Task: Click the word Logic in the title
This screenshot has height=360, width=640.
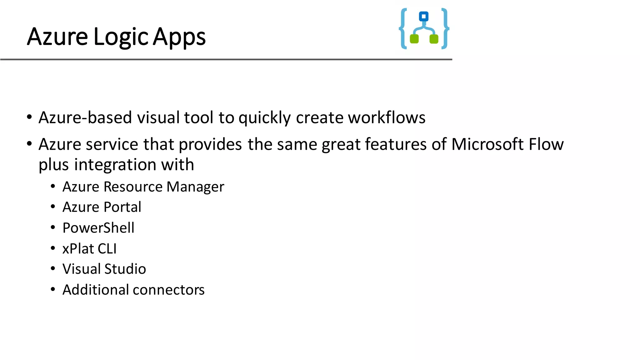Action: pos(120,37)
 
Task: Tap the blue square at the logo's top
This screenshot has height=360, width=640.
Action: pos(424,16)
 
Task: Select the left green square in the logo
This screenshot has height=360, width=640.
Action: pos(414,39)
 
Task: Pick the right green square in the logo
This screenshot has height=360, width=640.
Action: pos(434,39)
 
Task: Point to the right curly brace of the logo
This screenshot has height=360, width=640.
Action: pos(445,29)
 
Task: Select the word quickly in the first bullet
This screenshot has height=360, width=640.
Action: pos(265,118)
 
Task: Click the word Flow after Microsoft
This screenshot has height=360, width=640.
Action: pos(546,144)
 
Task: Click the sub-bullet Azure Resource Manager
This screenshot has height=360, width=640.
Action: pos(143,187)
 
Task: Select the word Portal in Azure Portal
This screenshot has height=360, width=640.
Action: pos(122,207)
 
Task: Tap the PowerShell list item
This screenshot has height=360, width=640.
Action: pos(98,228)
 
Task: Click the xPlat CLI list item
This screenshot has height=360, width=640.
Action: pos(89,249)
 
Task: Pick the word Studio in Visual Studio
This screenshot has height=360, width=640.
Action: pos(125,269)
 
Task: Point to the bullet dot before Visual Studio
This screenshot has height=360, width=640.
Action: pos(53,268)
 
